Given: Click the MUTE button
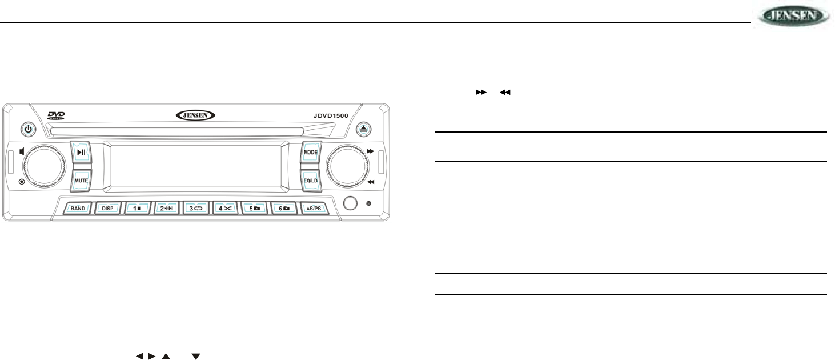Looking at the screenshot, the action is click(x=81, y=180).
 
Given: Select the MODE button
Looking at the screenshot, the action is click(x=311, y=153).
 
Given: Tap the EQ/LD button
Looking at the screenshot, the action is click(x=311, y=180).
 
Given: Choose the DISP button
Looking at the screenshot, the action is click(x=108, y=209).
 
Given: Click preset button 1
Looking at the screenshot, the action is click(x=138, y=209).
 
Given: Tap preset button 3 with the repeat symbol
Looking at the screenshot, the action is click(x=196, y=209).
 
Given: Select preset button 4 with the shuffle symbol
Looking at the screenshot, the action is click(x=226, y=209).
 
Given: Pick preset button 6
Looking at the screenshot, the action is click(x=284, y=209).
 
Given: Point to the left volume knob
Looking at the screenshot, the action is click(x=43, y=166).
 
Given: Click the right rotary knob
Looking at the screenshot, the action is click(x=347, y=166).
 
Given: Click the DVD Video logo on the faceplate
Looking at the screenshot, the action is click(x=57, y=116).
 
